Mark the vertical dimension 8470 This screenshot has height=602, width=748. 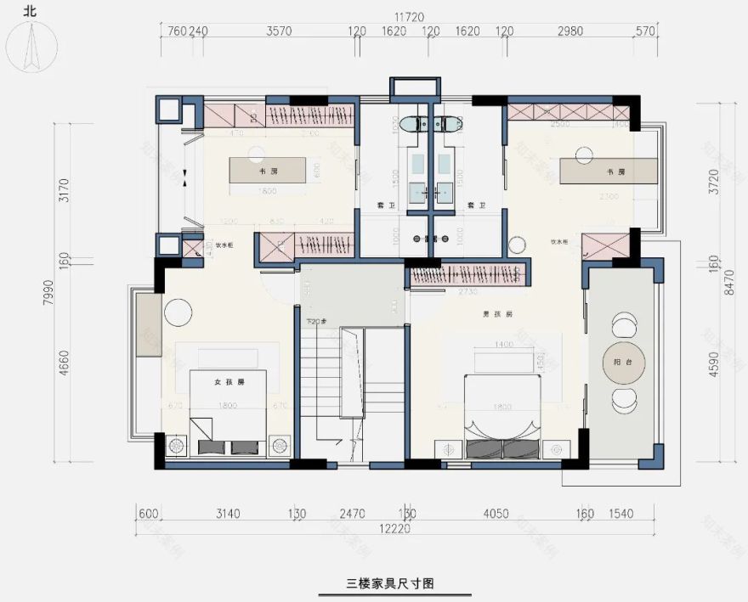click(x=728, y=289)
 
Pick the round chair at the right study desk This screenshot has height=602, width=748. click(x=583, y=155)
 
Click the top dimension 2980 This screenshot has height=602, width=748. click(x=570, y=32)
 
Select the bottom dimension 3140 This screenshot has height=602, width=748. click(x=229, y=513)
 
